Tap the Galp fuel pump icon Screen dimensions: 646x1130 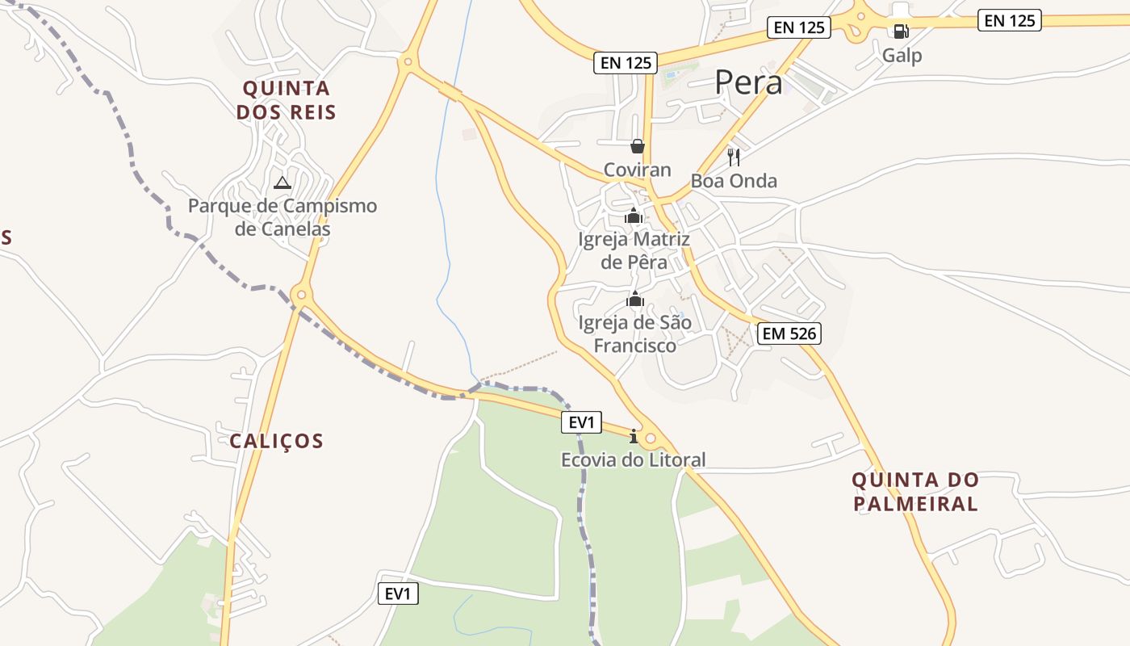901,31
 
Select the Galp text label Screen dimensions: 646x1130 902,56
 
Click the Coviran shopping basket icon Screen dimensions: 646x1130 638,146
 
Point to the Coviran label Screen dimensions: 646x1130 638,170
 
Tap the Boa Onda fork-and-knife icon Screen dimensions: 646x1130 734,157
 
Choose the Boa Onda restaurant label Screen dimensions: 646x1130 734,181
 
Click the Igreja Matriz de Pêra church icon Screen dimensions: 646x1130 634,216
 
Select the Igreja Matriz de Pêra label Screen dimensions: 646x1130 634,250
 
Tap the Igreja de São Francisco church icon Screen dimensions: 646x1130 635,300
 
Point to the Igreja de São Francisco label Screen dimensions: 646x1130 635,334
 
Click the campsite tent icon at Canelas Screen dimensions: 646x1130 282,182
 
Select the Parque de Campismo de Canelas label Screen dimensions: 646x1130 282,217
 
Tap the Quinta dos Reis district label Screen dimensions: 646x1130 286,100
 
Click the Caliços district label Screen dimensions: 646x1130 276,441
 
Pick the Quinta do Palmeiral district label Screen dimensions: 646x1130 915,492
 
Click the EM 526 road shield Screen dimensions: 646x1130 789,333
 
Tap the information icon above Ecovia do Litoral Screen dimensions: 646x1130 634,437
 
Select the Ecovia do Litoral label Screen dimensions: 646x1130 634,460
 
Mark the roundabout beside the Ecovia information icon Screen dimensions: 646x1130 651,438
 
